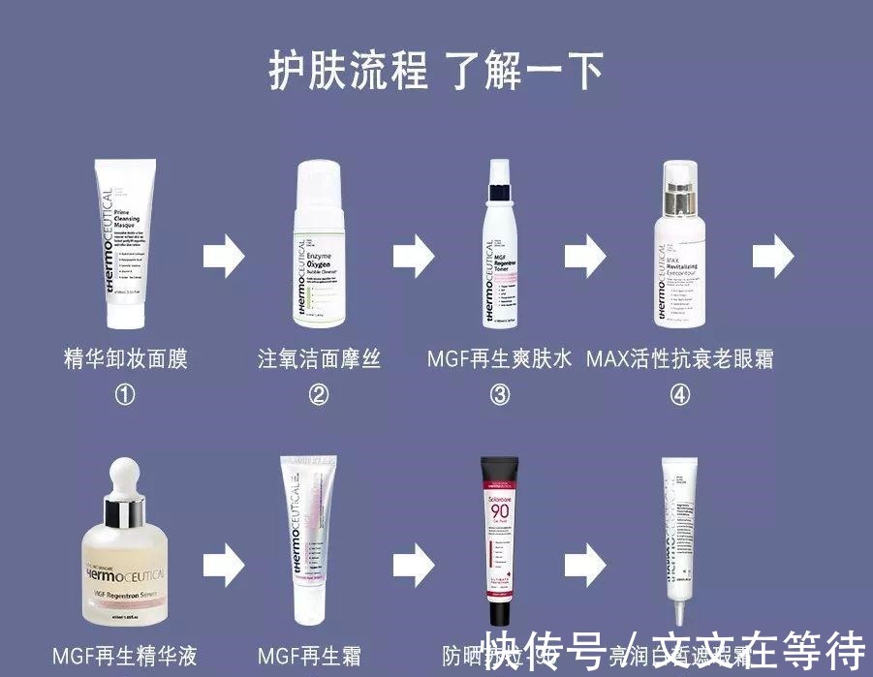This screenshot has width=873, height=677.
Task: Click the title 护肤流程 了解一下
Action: [436, 71]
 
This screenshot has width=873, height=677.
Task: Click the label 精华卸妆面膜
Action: [125, 359]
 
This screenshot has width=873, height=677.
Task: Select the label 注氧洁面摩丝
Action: [320, 359]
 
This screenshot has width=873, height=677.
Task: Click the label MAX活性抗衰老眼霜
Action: [680, 359]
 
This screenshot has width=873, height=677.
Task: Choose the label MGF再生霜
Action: [309, 656]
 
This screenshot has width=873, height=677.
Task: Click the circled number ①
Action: [125, 395]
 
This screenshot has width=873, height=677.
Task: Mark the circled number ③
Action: [500, 395]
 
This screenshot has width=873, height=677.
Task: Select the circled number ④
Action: [680, 395]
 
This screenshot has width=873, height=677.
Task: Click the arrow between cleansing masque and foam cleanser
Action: [224, 256]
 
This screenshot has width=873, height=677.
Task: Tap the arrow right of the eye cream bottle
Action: [774, 256]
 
